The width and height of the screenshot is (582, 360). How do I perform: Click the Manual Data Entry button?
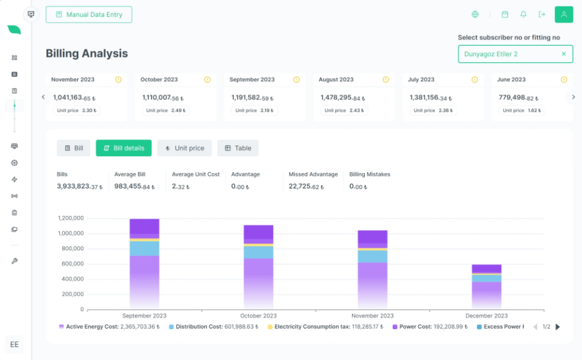click(x=89, y=15)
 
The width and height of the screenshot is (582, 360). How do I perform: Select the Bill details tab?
click(x=123, y=148)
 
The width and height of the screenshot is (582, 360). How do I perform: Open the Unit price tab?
click(x=184, y=148)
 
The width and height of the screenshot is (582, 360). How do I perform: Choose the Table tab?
click(x=238, y=148)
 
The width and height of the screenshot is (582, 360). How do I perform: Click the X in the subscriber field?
click(x=564, y=54)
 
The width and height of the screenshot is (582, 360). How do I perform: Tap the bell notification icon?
click(x=524, y=15)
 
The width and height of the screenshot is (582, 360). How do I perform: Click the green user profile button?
click(x=564, y=15)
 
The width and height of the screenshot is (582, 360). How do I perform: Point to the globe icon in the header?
click(x=475, y=15)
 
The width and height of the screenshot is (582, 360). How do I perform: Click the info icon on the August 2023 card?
click(x=385, y=80)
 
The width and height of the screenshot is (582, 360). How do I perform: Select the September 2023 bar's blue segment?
click(x=145, y=249)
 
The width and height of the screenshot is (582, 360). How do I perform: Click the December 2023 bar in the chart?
click(x=487, y=287)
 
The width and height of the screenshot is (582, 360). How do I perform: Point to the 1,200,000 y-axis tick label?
click(x=71, y=218)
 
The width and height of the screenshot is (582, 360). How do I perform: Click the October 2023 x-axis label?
click(x=258, y=316)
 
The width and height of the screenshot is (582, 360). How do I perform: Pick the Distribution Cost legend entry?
click(x=213, y=327)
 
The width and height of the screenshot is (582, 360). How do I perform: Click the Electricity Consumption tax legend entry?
click(x=326, y=327)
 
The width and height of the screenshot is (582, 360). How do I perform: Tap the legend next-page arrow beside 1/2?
click(x=558, y=327)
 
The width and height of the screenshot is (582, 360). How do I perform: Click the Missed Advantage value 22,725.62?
click(x=306, y=186)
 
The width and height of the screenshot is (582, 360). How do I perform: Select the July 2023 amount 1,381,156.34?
click(x=430, y=98)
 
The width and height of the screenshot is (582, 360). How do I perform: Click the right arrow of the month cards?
click(x=573, y=97)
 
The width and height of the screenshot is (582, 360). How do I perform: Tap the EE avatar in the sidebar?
click(x=15, y=345)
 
